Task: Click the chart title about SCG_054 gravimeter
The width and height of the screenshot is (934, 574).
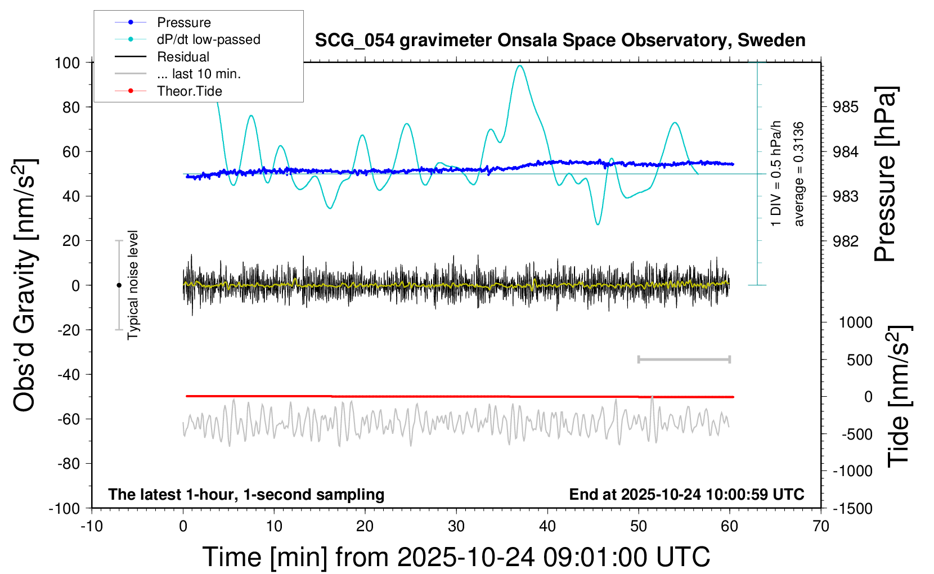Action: coord(560,41)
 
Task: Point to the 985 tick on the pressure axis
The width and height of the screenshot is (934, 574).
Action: coord(846,107)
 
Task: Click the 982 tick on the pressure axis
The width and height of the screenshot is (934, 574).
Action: coord(846,241)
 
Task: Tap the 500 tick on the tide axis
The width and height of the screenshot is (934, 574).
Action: coord(859,360)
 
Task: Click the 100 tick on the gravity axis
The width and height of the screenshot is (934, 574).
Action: coord(67,62)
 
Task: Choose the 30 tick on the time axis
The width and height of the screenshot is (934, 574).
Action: coord(456,527)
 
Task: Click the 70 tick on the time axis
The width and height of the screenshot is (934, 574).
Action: coord(821,527)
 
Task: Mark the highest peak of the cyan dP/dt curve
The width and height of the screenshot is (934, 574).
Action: coord(520,66)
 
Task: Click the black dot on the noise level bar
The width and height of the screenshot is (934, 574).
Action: coord(119,285)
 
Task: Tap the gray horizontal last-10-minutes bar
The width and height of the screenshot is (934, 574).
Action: coord(684,359)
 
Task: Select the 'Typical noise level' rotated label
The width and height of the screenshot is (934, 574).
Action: coord(133,285)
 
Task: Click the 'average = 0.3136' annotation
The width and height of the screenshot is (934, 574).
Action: coord(799,174)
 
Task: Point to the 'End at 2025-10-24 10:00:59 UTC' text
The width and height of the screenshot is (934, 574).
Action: coord(686,495)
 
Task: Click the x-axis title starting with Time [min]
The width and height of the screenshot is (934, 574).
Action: coord(456,557)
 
